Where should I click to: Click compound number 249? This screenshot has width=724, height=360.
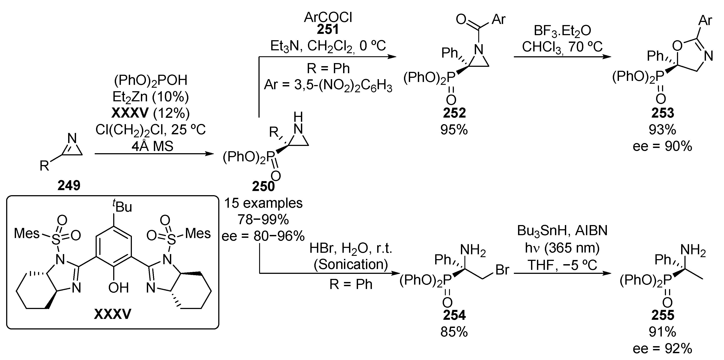(x=69, y=186)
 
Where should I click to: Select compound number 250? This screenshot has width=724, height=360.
(x=263, y=187)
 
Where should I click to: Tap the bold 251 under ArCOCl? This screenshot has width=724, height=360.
(x=328, y=29)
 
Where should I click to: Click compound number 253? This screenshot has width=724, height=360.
(x=663, y=113)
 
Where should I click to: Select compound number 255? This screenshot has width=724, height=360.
(x=663, y=315)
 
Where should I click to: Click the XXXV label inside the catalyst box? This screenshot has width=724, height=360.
(x=112, y=314)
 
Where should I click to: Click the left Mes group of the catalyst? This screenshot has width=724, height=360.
(x=27, y=233)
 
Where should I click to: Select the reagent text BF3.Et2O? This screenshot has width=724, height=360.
(x=562, y=30)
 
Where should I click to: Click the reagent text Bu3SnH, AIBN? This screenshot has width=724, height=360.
(x=562, y=231)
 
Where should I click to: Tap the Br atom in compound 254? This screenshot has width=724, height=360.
(x=502, y=270)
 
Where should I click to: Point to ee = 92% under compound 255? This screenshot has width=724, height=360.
(x=662, y=349)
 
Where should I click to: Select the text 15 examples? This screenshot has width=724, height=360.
(x=263, y=203)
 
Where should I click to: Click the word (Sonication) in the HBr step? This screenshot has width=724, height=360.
(x=351, y=264)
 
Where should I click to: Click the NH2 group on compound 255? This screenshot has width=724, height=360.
(x=693, y=250)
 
